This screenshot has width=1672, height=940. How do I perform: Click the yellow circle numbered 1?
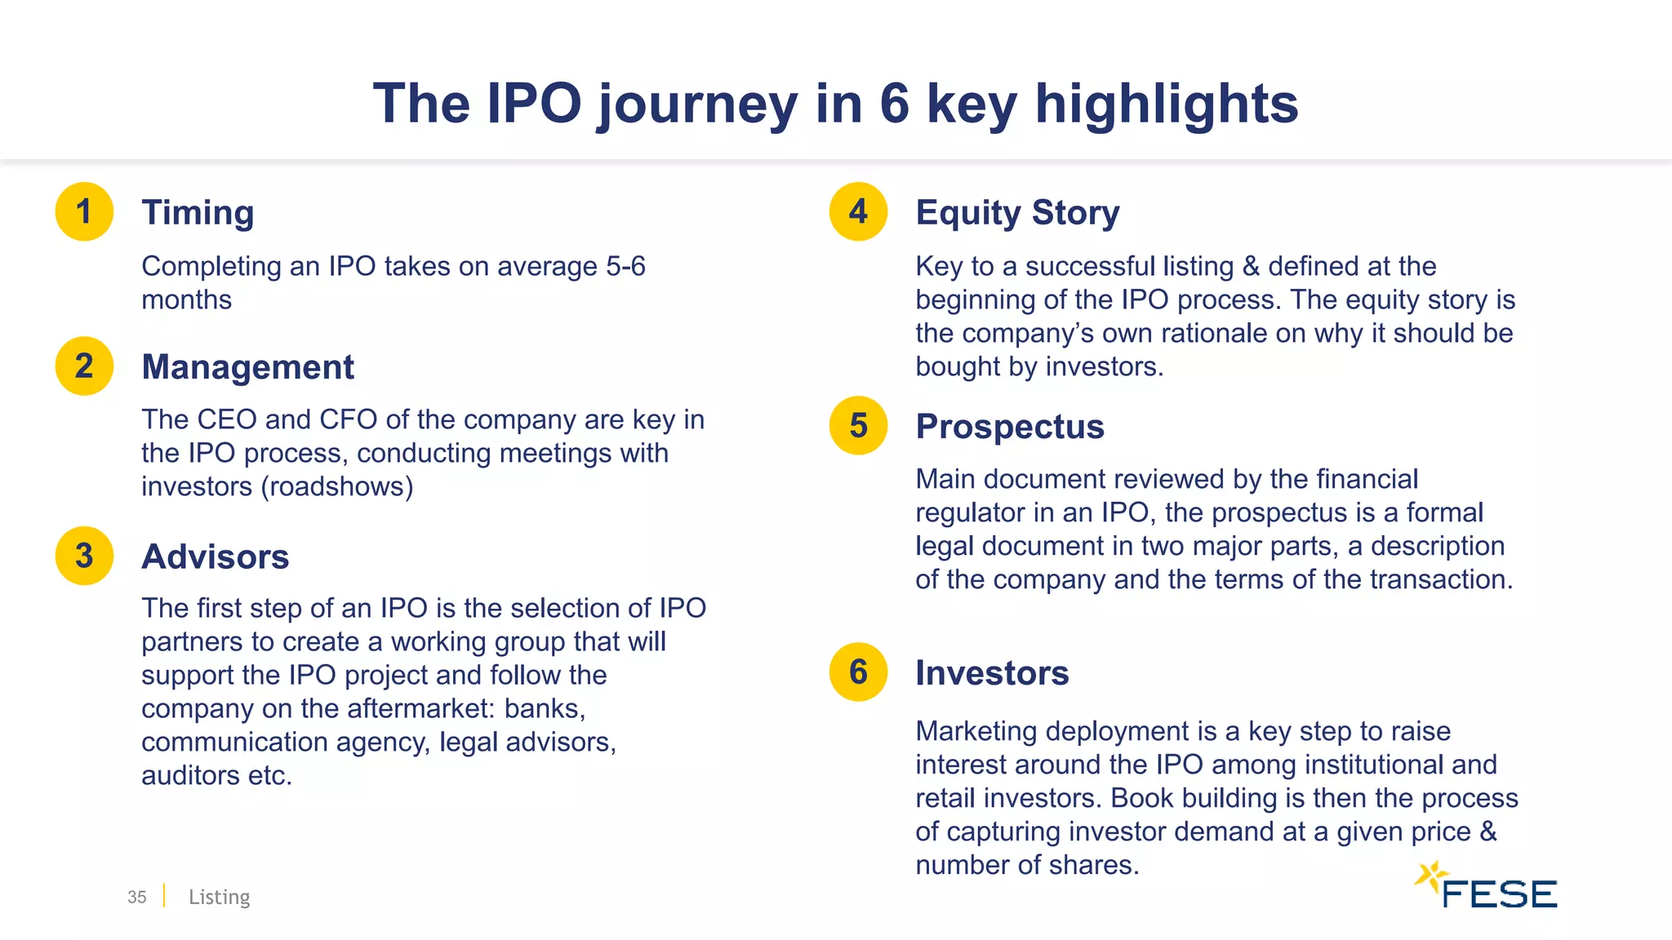click(84, 211)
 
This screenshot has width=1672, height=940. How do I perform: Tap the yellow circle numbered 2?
click(84, 366)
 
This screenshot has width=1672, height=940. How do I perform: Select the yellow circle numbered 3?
click(84, 556)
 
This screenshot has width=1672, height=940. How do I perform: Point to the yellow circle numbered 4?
click(858, 211)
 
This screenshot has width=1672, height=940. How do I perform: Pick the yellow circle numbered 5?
click(858, 425)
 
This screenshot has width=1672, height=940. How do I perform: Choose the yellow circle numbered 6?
click(858, 672)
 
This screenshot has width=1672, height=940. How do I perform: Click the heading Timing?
click(198, 213)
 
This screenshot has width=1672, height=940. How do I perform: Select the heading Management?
click(247, 367)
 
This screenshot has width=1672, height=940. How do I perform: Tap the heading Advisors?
click(215, 557)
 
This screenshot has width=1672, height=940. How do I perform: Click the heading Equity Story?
click(1017, 213)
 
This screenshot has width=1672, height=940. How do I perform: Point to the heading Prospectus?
click(1010, 427)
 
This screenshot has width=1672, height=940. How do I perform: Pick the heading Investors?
click(992, 673)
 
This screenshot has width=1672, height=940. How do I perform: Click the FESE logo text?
click(1499, 894)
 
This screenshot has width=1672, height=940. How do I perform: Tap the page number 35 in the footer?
click(136, 897)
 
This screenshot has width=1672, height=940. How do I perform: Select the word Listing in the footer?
click(219, 897)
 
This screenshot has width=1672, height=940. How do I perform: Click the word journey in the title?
click(697, 104)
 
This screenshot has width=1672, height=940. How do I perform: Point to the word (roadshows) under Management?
click(337, 487)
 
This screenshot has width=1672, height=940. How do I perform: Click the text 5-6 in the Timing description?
click(625, 267)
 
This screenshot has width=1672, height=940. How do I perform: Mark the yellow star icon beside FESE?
click(1431, 876)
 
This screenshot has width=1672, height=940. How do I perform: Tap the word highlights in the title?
click(1167, 104)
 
